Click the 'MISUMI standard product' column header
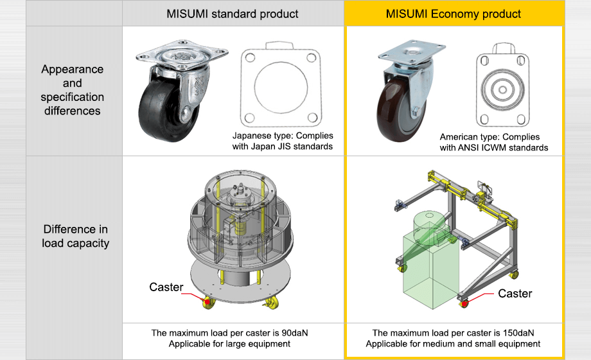pos(233,14)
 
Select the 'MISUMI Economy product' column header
pos(454,14)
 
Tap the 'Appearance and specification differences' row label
pos(72,90)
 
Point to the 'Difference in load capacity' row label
pos(75,236)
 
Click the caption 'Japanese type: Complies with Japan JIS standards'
pos(283,141)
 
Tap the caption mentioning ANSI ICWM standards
pos(493,142)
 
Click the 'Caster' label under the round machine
pos(166,287)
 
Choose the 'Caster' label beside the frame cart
pos(515,294)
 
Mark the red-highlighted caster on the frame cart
pos(464,301)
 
